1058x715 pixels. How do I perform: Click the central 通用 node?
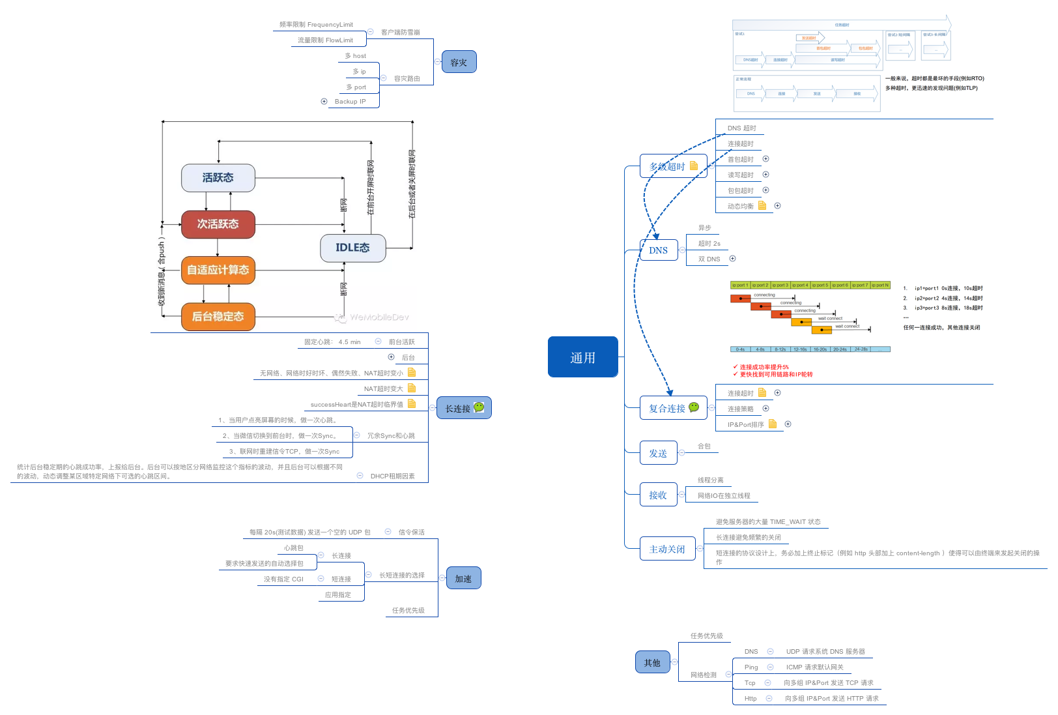pyautogui.click(x=582, y=357)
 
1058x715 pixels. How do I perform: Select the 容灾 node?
pyautogui.click(x=459, y=63)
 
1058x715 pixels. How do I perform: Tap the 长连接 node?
pyautogui.click(x=463, y=408)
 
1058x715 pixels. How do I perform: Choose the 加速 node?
pyautogui.click(x=463, y=578)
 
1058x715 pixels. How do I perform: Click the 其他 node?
pyautogui.click(x=652, y=662)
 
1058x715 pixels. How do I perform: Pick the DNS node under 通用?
pyautogui.click(x=658, y=250)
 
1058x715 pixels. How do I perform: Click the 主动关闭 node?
pyautogui.click(x=667, y=549)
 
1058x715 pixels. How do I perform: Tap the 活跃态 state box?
pyautogui.click(x=218, y=178)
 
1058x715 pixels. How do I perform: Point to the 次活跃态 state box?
pyautogui.click(x=218, y=224)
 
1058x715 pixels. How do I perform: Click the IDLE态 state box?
pyautogui.click(x=352, y=248)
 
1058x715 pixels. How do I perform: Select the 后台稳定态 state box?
pyautogui.click(x=218, y=317)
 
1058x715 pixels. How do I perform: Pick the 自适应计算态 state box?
pyautogui.click(x=218, y=270)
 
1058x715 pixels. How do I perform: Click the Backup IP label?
pyautogui.click(x=350, y=102)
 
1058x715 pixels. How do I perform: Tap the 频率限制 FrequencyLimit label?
pyautogui.click(x=316, y=25)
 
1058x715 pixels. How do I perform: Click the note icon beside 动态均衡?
pyautogui.click(x=762, y=205)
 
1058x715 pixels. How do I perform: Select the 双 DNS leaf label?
pyautogui.click(x=709, y=259)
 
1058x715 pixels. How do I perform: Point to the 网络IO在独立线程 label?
pyautogui.click(x=724, y=496)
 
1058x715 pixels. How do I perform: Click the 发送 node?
pyautogui.click(x=658, y=453)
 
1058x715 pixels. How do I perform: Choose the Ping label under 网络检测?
pyautogui.click(x=751, y=667)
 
